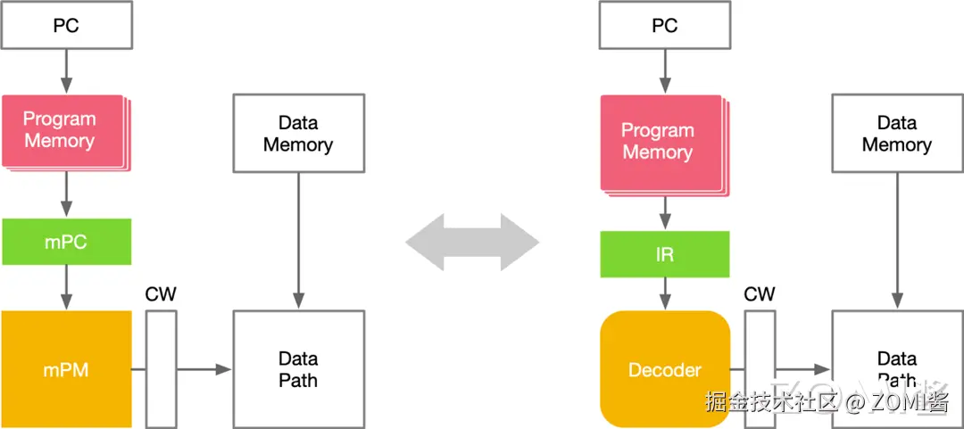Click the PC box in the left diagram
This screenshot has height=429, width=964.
click(67, 26)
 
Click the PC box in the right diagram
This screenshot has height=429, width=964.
click(665, 26)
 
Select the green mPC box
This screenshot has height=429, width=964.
click(67, 242)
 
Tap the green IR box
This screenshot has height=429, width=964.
click(665, 254)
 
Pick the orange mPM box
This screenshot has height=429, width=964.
click(67, 369)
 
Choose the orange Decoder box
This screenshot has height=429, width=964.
click(665, 369)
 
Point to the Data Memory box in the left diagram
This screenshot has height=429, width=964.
click(298, 133)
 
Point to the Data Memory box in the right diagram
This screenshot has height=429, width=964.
click(897, 133)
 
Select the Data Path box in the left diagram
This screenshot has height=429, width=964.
click(298, 368)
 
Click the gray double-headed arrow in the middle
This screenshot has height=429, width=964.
click(473, 242)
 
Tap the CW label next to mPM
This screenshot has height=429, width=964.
click(161, 295)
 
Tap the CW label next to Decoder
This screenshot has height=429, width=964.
click(760, 295)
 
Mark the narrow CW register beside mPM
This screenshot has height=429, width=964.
click(161, 368)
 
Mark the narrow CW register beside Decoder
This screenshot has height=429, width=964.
click(760, 368)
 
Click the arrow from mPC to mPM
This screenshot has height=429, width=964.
click(67, 287)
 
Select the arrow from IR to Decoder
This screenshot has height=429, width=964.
click(665, 293)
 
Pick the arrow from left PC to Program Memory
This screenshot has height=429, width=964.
click(67, 71)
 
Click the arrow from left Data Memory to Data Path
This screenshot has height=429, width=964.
click(298, 241)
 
